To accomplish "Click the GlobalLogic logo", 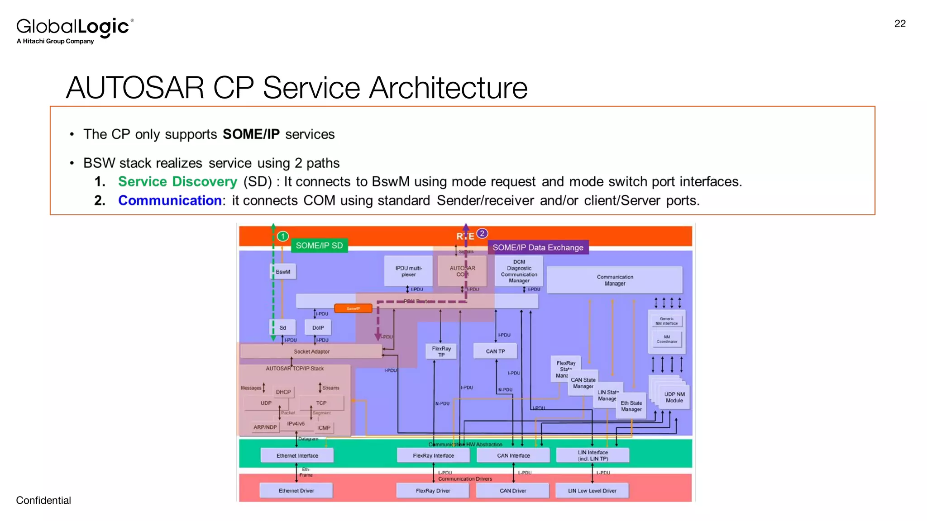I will [x=74, y=30].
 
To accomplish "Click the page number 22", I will [x=900, y=24].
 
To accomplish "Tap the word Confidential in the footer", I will [x=43, y=500].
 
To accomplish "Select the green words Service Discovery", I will [x=177, y=181].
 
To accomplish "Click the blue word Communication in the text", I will [x=170, y=200].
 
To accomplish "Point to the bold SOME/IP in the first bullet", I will [x=251, y=134].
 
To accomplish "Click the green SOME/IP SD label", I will [x=319, y=246].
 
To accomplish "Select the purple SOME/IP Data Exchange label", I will [x=538, y=247].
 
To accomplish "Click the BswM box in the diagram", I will [x=283, y=272].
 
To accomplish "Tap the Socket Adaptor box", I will [x=311, y=351].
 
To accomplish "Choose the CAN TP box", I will [x=495, y=351].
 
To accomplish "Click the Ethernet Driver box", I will [x=296, y=491].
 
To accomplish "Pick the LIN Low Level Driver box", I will [x=592, y=491].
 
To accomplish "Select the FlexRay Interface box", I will [x=433, y=455].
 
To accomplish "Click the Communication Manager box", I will [x=615, y=280].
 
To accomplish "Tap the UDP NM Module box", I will [x=674, y=397].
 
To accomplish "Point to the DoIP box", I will [x=318, y=328].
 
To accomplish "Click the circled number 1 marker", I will [x=283, y=236].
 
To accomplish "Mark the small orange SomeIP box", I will [x=353, y=308].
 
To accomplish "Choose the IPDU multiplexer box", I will [x=408, y=271].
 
